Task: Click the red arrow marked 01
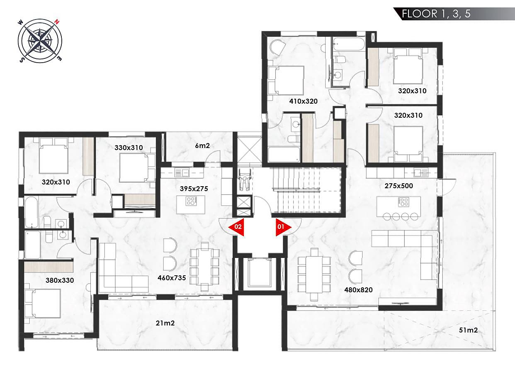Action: click(282, 227)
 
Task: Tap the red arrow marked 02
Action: click(237, 227)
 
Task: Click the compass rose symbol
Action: click(40, 41)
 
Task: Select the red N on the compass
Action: click(57, 22)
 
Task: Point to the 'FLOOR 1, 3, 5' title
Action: click(436, 14)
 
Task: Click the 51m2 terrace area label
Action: click(468, 330)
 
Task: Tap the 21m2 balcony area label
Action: click(165, 323)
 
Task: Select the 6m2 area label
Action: click(202, 146)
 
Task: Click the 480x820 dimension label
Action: click(358, 290)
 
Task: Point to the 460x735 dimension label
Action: click(172, 278)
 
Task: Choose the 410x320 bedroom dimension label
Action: click(303, 101)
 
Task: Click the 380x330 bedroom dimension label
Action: click(60, 280)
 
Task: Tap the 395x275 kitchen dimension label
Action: click(194, 189)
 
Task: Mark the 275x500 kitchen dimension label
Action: click(398, 186)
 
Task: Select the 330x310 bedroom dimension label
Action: click(129, 148)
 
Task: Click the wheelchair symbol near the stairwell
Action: click(244, 180)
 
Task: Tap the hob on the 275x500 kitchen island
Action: click(403, 202)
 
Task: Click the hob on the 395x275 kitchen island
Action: click(191, 201)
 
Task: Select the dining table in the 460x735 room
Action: click(204, 267)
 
